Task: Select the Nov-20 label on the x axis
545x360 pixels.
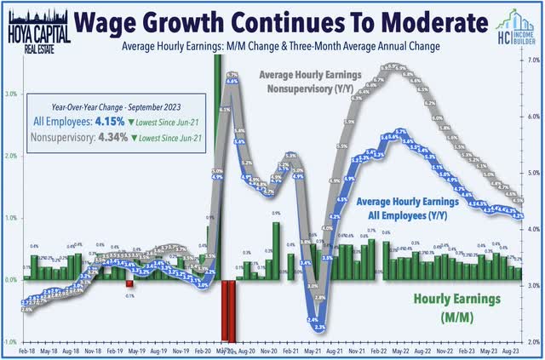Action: [271, 350]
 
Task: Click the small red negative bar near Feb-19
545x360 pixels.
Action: [130, 285]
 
